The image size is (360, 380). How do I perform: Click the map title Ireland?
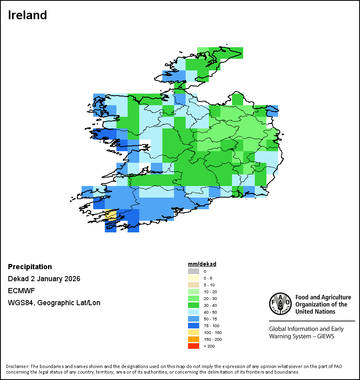coord(28,15)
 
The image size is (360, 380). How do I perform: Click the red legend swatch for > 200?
coord(194,346)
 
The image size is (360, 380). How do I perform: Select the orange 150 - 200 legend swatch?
coord(194,339)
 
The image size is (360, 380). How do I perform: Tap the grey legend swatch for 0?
coord(194,271)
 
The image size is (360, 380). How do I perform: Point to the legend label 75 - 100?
coord(211,326)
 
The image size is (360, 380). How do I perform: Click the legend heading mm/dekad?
coord(202,264)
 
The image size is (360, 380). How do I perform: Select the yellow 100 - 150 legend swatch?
coord(194,332)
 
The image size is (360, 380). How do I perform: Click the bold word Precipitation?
coord(30,267)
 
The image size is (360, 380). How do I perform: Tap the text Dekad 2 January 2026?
coord(44,279)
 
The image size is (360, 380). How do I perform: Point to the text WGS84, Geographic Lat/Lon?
coord(54,303)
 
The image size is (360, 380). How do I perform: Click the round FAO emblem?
coord(280,304)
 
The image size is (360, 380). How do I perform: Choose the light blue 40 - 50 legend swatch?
coord(194,312)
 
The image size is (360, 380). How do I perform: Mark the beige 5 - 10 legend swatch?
coord(194,285)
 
